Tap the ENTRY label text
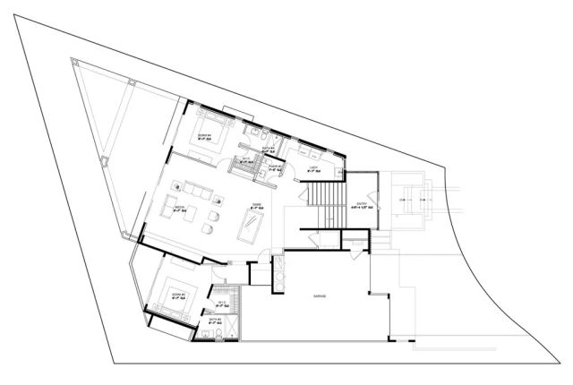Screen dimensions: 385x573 363,204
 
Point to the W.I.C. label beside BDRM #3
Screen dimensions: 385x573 221,304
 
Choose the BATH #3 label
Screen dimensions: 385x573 215,319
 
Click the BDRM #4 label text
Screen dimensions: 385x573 203,135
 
